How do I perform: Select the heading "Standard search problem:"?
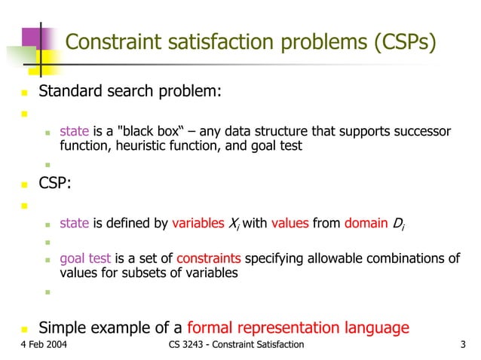click(x=130, y=93)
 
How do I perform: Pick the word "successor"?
click(x=421, y=133)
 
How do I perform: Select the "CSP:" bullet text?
click(x=57, y=184)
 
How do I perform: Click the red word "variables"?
click(x=198, y=223)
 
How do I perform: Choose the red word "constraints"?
click(x=209, y=259)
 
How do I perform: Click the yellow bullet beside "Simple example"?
click(x=24, y=329)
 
